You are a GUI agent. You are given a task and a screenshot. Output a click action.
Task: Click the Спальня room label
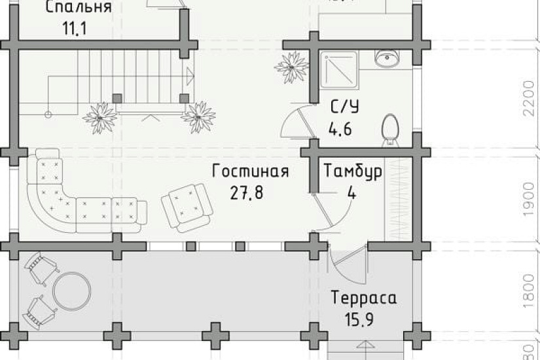coord(79,8)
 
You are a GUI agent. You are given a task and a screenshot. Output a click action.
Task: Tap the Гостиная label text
coord(250,171)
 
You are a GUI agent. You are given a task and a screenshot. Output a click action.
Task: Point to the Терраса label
coord(364,298)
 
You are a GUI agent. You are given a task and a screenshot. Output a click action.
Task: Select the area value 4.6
coord(340,128)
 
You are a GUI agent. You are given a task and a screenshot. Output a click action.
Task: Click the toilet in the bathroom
coord(390,128)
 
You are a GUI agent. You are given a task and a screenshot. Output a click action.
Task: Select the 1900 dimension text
coord(529,200)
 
